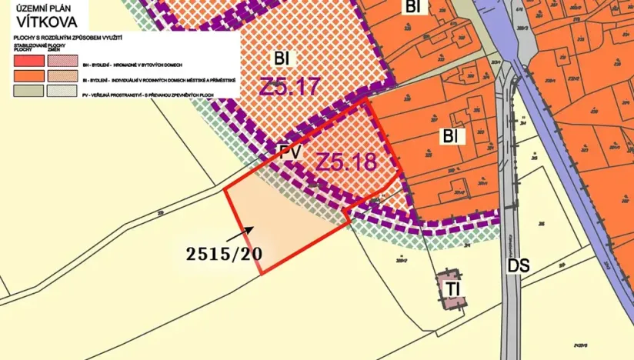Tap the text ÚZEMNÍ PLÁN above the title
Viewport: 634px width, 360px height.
tap(38, 8)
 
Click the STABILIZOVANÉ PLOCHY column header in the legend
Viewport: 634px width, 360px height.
tap(27, 47)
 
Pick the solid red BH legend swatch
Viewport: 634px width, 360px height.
tap(28, 61)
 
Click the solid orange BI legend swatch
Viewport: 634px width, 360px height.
tap(28, 75)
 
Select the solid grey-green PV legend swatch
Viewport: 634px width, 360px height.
tap(28, 90)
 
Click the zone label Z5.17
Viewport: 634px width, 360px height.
tap(289, 86)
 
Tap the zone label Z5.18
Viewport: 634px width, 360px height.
tap(346, 162)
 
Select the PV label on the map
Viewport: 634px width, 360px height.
tap(290, 153)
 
